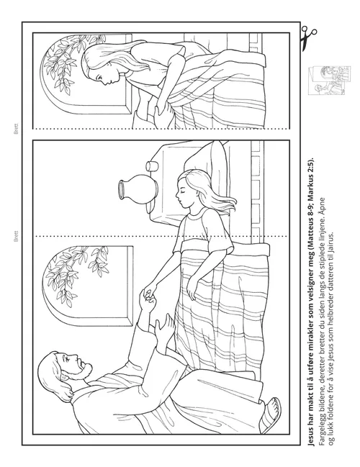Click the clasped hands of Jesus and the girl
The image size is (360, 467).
(x=149, y=296)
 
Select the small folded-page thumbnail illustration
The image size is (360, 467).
(x=329, y=81)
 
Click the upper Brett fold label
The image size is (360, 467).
(x=16, y=129)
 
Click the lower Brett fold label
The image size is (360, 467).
(x=16, y=236)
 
